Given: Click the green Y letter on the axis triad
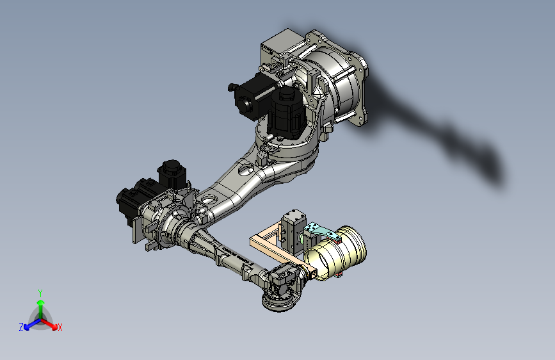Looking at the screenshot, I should (40, 293).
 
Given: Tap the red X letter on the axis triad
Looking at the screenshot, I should (60, 327).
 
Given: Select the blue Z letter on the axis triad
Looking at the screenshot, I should (21, 327).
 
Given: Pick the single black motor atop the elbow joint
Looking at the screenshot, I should (172, 173).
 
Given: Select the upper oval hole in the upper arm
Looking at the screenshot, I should (245, 170).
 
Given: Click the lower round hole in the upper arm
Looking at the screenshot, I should (207, 200).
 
